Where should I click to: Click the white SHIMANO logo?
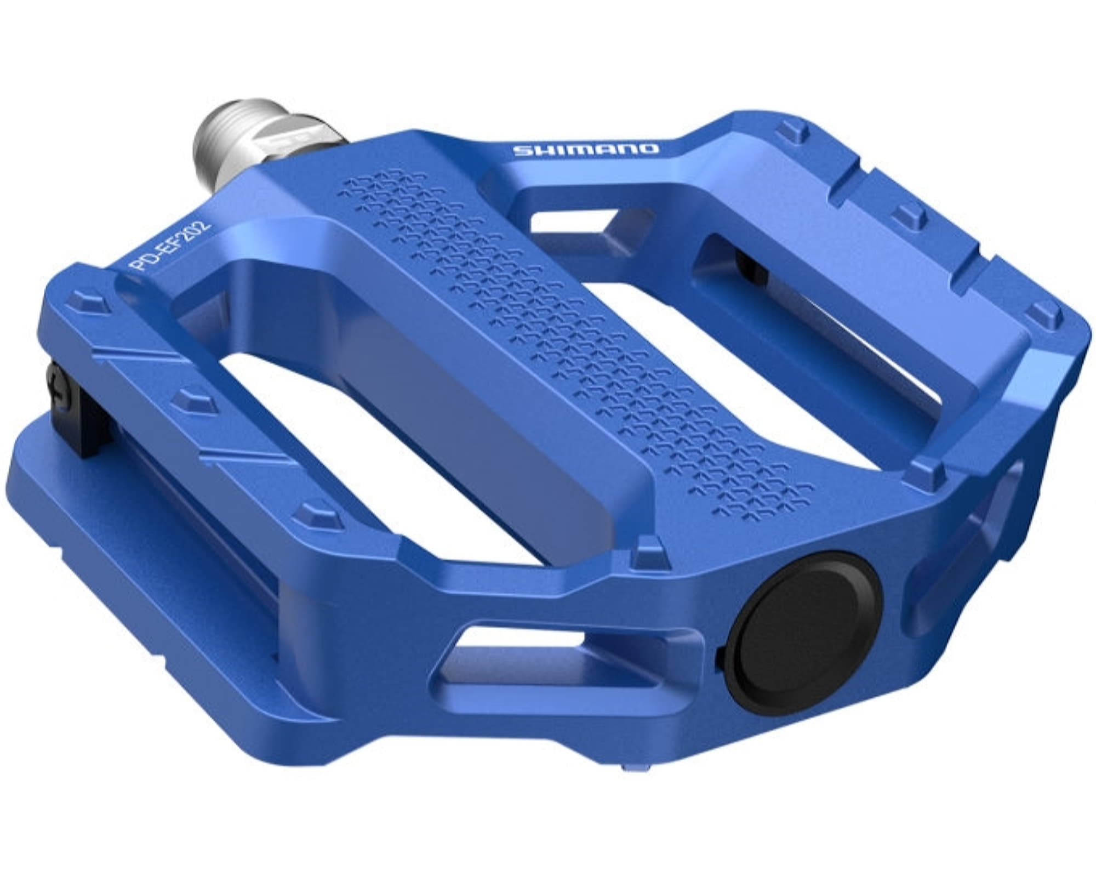coord(585,149)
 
